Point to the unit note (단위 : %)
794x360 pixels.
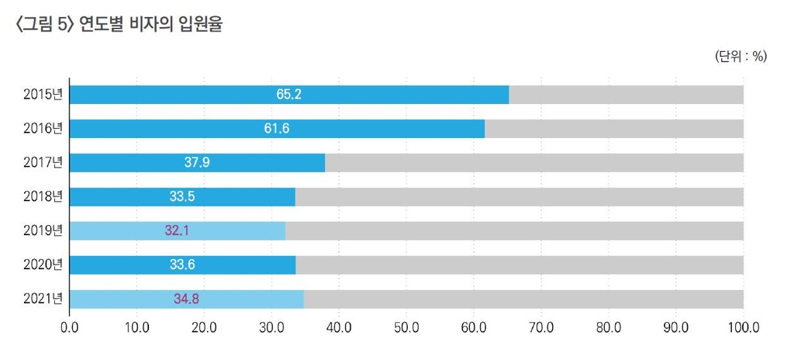(740, 57)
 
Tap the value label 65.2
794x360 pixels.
(288, 95)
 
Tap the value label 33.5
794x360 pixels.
(181, 197)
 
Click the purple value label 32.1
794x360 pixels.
(178, 231)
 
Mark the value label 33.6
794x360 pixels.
(182, 265)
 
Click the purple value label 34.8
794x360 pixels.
(186, 299)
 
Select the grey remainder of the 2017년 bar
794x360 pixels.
(533, 163)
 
